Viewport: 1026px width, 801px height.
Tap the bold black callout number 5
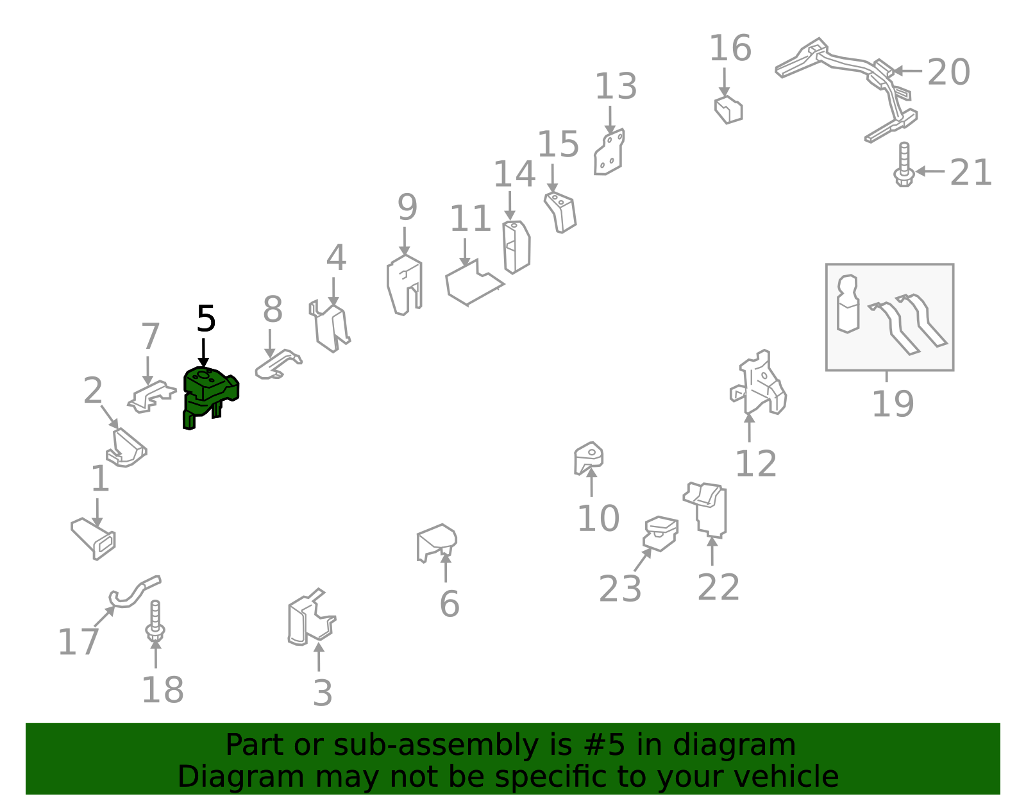coord(206,319)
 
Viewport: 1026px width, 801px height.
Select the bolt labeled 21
coord(904,165)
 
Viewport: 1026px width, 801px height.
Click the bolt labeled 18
coord(155,621)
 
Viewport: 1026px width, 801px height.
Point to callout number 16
coord(730,48)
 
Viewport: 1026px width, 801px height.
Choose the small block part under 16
coord(728,110)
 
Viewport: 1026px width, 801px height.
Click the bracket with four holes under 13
coord(609,152)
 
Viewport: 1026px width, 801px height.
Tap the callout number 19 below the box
coord(893,404)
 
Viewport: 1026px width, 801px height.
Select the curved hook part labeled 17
coord(135,593)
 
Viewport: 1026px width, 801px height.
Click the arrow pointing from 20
coord(907,71)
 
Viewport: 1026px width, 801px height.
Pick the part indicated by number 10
coord(588,458)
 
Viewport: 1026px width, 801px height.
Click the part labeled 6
coord(436,543)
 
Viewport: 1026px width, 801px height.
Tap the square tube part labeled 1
coord(94,539)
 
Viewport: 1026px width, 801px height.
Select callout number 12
coord(756,464)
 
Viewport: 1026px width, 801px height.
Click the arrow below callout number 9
coord(404,242)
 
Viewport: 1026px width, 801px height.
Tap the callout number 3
coord(323,693)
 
